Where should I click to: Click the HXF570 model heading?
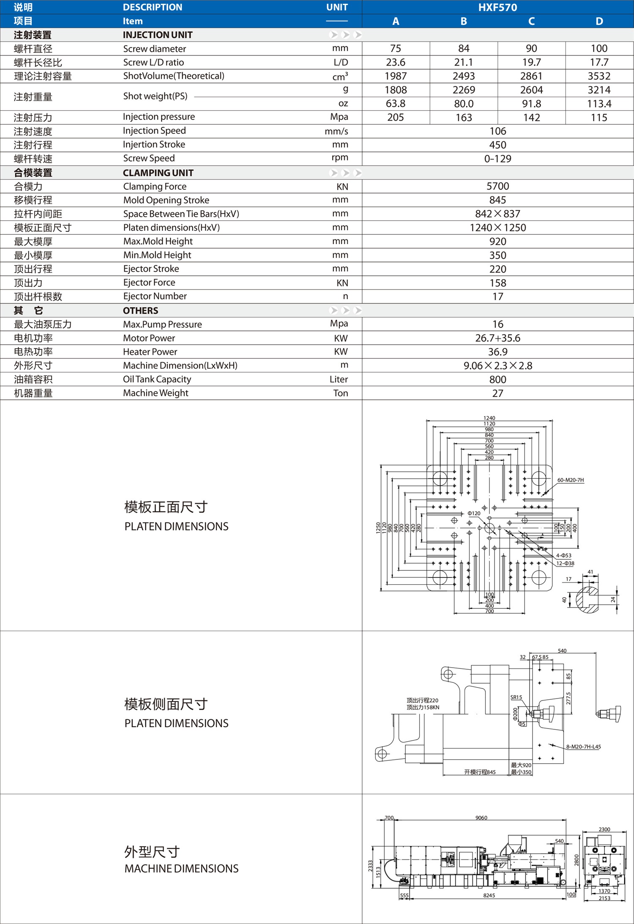click(497, 7)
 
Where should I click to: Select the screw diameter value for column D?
click(599, 49)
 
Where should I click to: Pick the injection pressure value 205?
click(396, 117)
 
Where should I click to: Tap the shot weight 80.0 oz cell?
click(464, 104)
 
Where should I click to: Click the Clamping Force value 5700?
click(497, 186)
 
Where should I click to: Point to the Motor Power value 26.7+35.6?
click(497, 338)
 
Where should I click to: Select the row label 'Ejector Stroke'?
click(151, 269)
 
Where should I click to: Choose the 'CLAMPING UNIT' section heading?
click(158, 173)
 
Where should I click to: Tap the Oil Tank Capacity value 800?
click(497, 379)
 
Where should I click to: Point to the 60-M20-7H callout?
click(570, 480)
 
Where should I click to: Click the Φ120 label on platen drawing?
click(474, 513)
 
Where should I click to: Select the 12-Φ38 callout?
click(565, 563)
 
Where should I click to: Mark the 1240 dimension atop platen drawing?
click(489, 418)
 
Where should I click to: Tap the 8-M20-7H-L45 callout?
click(583, 747)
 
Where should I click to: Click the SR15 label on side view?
click(516, 697)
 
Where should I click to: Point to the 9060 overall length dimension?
click(481, 818)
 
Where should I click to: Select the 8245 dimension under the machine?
click(489, 895)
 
